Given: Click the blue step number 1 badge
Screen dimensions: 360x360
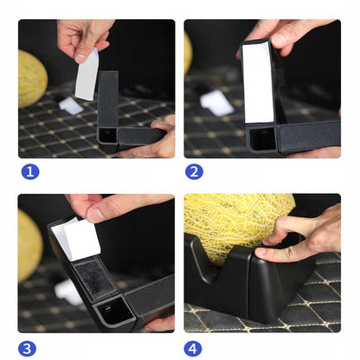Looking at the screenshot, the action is [x=30, y=171].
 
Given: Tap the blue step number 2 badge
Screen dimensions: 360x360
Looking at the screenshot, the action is [x=194, y=171].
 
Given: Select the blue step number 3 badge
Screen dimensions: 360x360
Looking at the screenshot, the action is [x=27, y=349].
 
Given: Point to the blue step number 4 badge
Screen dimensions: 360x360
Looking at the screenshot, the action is [x=193, y=349].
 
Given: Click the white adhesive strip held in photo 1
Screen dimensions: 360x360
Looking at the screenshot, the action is [x=87, y=75].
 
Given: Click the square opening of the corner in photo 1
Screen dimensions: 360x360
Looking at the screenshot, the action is [x=107, y=135].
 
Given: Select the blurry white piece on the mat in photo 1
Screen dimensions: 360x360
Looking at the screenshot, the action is [x=70, y=105].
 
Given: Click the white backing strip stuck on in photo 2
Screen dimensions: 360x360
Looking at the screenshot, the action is [x=258, y=83].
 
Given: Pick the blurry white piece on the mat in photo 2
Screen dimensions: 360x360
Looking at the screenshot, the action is [x=216, y=103].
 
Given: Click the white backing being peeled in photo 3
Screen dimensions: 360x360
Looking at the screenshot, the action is [x=77, y=239].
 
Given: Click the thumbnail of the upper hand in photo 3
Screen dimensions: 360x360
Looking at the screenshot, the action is [x=96, y=213].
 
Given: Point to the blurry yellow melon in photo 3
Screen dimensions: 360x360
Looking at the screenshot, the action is [x=29, y=245].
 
